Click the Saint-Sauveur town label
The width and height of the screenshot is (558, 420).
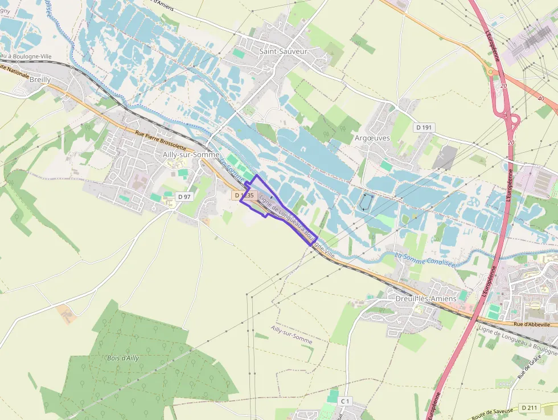click(283, 51)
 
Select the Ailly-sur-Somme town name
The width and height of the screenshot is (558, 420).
click(191, 154)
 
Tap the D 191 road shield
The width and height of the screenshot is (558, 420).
click(424, 128)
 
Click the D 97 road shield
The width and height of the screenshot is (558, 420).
click(183, 197)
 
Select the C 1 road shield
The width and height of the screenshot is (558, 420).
click(344, 402)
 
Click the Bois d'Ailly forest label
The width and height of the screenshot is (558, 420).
click(122, 358)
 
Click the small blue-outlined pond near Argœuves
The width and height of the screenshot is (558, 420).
click(366, 202)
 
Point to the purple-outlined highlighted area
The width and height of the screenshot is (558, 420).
click(279, 210)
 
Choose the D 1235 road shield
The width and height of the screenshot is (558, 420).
click(243, 195)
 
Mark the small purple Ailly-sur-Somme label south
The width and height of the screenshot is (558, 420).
click(292, 335)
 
